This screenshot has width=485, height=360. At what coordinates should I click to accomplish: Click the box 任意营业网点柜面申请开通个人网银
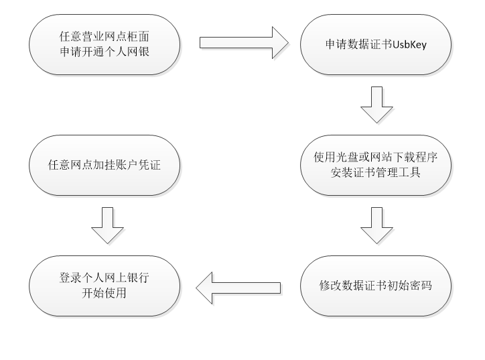coord(105,44)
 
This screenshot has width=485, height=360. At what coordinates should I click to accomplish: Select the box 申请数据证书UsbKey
coord(374,44)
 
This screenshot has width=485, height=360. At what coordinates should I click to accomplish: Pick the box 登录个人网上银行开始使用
coord(105,286)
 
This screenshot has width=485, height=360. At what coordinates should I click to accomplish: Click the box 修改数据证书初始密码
coord(374,286)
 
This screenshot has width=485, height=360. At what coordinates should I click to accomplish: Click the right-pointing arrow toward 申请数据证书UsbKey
coord(243,43)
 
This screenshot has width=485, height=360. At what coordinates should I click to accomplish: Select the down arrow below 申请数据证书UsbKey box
coord(376,103)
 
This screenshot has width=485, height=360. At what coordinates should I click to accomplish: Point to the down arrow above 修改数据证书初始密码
coord(376,225)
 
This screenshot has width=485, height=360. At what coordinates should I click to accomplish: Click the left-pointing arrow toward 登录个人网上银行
coord(238,286)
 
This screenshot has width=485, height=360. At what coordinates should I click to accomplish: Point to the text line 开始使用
coord(105,293)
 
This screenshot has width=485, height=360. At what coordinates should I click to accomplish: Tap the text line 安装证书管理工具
coord(374,172)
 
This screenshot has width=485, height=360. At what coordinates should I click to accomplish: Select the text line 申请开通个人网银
coord(105,51)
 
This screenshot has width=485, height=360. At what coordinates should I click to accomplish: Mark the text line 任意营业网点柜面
coord(105,37)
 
